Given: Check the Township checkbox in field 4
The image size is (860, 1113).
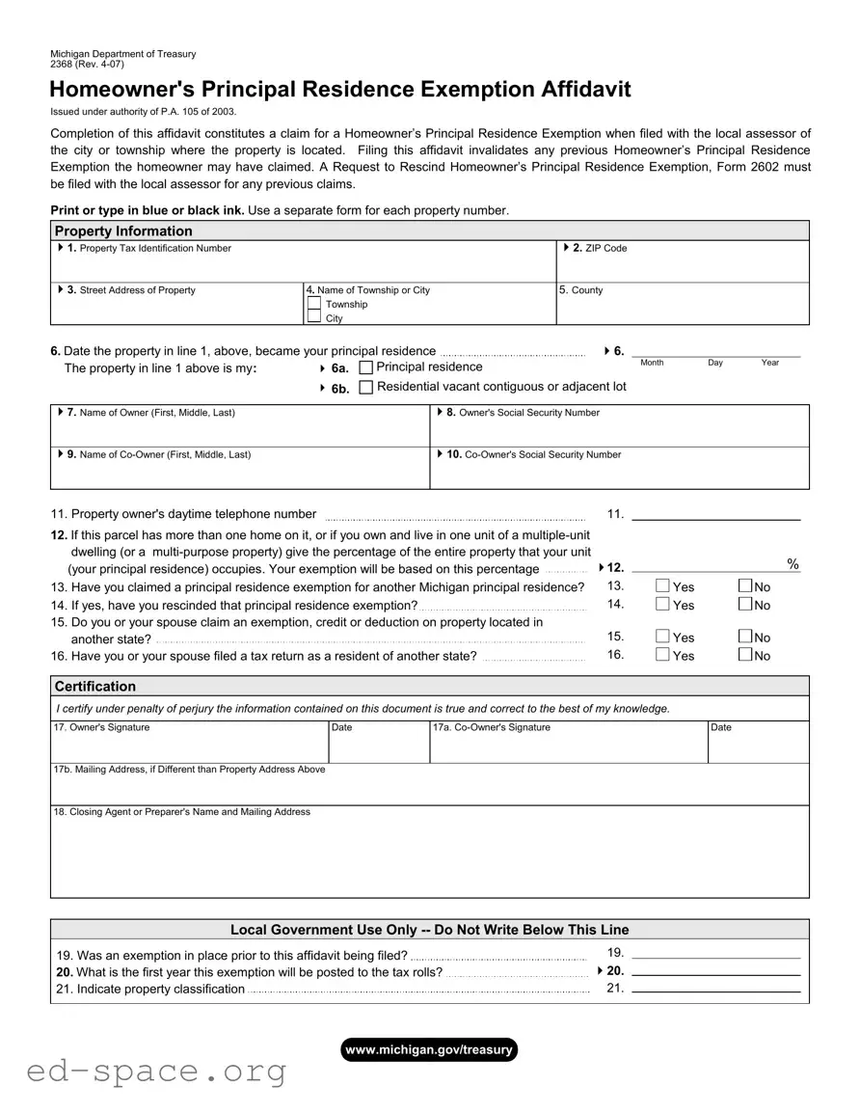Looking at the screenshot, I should coord(313,304).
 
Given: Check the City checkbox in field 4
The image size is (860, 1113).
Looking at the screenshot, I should coord(313,317).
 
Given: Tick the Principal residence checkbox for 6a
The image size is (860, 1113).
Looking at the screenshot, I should coord(365,367).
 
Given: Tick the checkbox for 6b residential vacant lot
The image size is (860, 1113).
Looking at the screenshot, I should coord(365,387).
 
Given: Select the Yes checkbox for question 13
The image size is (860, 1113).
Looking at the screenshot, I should coord(662,586).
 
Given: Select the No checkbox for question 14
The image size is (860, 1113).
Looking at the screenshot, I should coord(745,605).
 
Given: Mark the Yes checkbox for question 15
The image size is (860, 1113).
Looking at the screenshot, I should coord(662,637).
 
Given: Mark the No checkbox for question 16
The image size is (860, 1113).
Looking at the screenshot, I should coord(745,655).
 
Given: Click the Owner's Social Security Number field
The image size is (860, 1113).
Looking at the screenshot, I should coord(619,431).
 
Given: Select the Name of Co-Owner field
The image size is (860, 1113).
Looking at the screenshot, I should coord(240,473).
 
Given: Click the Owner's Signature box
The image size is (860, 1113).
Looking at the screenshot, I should coord(189,747).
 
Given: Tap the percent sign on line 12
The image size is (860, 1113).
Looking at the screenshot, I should coord(793,565).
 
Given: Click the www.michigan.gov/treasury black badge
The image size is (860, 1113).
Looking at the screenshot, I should coord(429,1049).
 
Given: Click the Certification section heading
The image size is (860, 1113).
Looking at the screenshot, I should coord(95,687).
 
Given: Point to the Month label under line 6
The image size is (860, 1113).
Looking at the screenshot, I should coord(652,363).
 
